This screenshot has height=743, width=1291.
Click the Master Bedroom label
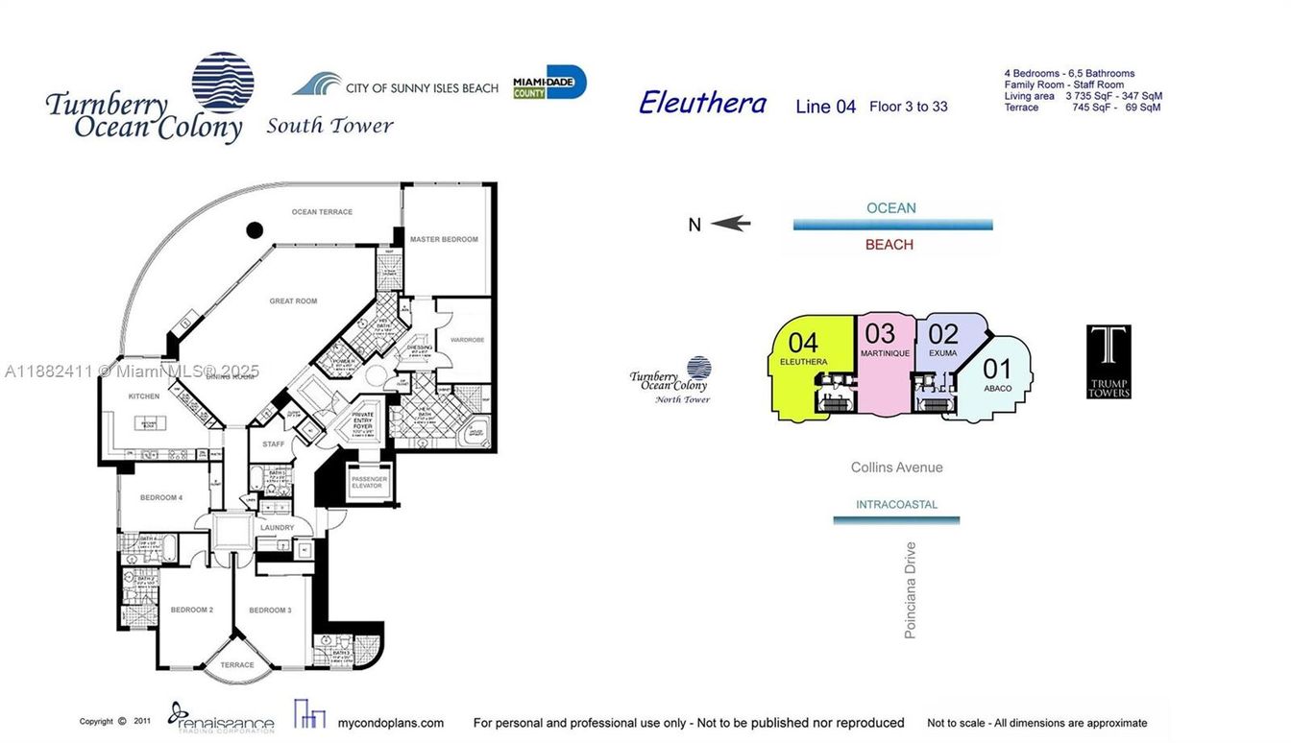pos(443,239)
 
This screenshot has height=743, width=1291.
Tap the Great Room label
pos(293,301)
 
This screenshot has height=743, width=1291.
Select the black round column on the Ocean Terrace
pos(255,230)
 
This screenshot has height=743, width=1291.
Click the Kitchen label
pos(144,396)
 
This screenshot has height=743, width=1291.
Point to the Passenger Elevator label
pos(369,482)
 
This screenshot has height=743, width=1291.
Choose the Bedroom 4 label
pos(160,497)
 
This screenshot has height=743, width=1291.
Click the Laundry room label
pos(277,528)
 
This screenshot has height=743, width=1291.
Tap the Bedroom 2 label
pos(191,611)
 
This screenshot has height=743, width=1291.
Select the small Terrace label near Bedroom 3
pos(237,664)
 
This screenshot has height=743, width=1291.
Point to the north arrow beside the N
pos(730,224)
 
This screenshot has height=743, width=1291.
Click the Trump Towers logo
pos(1108,362)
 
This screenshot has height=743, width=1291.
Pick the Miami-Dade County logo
pos(549,83)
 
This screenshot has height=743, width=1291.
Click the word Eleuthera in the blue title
pos(702,103)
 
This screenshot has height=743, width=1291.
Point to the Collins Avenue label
pos(896,467)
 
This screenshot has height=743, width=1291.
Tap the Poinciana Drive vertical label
pos(911,590)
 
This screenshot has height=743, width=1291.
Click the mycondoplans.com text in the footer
pos(390,723)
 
